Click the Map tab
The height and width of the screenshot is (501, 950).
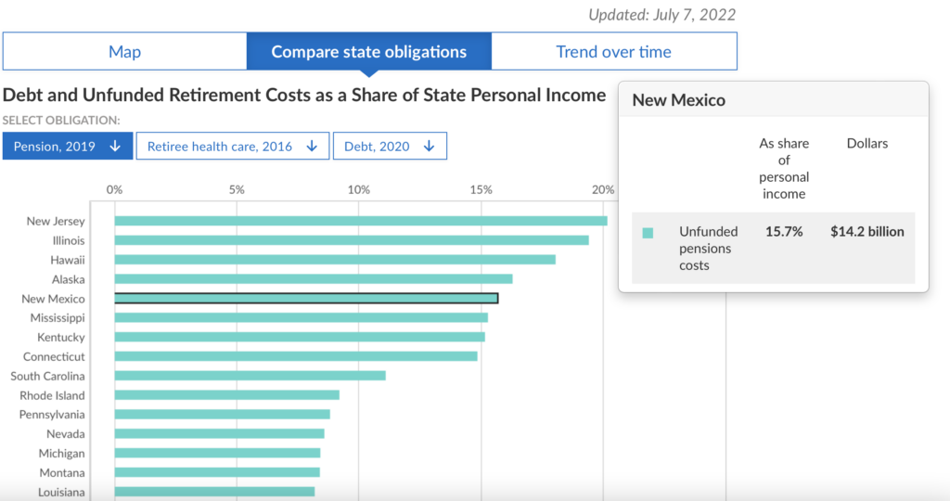tap(124, 52)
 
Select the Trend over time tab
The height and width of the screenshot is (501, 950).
tap(613, 52)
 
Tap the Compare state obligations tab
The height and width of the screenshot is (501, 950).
tap(368, 52)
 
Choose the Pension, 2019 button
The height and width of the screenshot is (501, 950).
tap(68, 147)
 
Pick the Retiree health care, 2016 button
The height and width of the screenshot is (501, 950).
tap(232, 147)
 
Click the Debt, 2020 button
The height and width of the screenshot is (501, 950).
tap(390, 147)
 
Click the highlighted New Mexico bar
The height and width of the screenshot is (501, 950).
tap(306, 299)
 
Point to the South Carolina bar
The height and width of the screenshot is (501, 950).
tap(250, 376)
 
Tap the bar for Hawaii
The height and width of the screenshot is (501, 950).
tap(334, 260)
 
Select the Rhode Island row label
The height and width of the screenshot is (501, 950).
tap(52, 395)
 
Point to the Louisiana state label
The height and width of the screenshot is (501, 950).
tap(61, 493)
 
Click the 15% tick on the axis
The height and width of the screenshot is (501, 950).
tap(481, 189)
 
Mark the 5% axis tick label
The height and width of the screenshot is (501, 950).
tap(237, 189)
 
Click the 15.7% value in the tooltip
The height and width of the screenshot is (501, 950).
tap(784, 232)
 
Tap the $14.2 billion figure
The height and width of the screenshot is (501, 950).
tap(867, 232)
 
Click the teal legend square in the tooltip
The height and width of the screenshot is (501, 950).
tap(648, 233)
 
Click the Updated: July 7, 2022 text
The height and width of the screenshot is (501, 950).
tap(661, 15)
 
